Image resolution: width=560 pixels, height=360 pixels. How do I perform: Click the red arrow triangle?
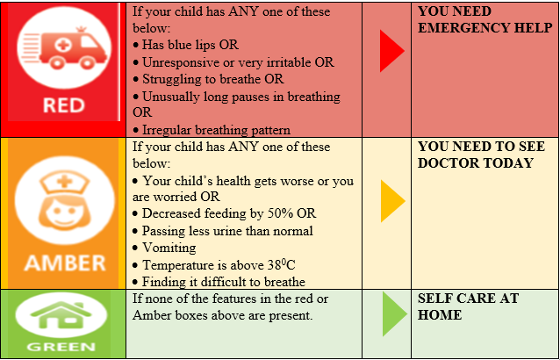pyautogui.click(x=391, y=51)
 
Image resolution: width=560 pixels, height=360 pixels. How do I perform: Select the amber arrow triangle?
pyautogui.click(x=392, y=201)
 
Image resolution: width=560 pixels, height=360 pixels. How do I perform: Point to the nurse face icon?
pyautogui.click(x=65, y=201)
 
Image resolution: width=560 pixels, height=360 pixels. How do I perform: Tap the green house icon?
pyautogui.click(x=61, y=314)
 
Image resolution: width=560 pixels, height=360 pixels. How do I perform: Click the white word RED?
pyautogui.click(x=64, y=105)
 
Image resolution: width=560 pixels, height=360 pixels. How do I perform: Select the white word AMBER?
pyautogui.click(x=65, y=263)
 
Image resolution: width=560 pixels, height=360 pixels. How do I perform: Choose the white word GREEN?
pyautogui.click(x=61, y=347)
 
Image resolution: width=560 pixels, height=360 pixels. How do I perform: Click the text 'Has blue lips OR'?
pyautogui.click(x=190, y=45)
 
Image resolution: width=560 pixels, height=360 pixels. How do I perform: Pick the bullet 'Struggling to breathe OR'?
pyautogui.click(x=213, y=79)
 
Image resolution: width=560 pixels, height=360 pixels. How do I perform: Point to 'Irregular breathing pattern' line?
pyautogui.click(x=217, y=130)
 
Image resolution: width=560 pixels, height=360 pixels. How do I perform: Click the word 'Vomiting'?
pyautogui.click(x=169, y=248)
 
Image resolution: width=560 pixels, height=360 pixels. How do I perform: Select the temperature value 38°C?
pyautogui.click(x=281, y=264)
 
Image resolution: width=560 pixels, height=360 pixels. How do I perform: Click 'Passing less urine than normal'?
pyautogui.click(x=227, y=231)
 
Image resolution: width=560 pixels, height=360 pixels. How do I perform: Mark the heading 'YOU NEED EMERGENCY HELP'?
pyautogui.click(x=485, y=19)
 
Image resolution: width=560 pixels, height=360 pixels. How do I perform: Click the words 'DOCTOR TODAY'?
pyautogui.click(x=476, y=163)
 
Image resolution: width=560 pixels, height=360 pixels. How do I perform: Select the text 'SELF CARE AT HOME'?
pyautogui.click(x=468, y=306)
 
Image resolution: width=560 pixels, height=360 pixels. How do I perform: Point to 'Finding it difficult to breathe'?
pyautogui.click(x=224, y=282)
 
